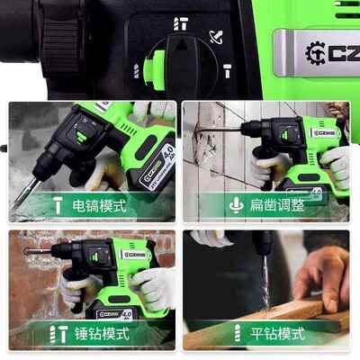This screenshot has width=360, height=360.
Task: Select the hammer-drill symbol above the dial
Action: pyautogui.click(x=181, y=22)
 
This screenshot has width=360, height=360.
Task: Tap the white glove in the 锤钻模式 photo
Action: pyautogui.click(x=153, y=288)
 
